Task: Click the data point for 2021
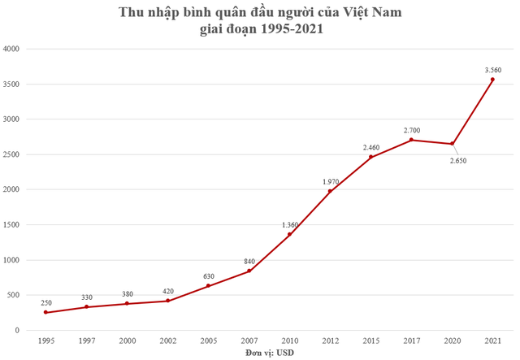pyautogui.click(x=492, y=80)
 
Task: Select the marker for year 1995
pyautogui.click(x=45, y=313)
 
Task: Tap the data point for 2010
pyautogui.click(x=289, y=235)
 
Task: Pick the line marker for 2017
pyautogui.click(x=411, y=140)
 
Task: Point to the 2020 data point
pyautogui.click(x=452, y=144)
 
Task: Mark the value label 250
pyautogui.click(x=45, y=302)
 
